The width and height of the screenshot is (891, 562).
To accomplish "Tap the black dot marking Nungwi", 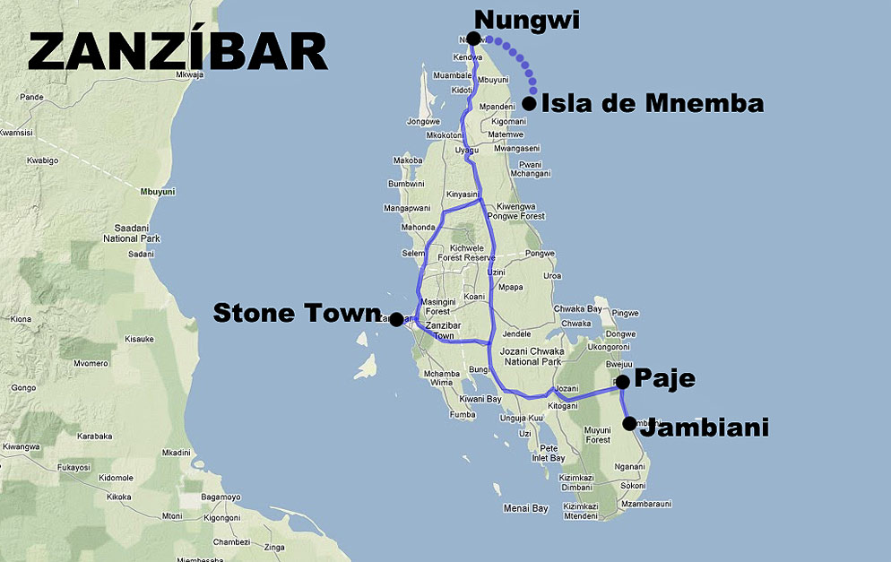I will pos(473,39).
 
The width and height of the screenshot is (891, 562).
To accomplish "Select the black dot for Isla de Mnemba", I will pos(529,103).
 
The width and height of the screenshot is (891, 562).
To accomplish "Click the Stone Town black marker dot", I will pos(396,319).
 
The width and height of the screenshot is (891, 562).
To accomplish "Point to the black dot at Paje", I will pos(623,383).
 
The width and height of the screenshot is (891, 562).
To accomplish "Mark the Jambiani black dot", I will pos(630,424).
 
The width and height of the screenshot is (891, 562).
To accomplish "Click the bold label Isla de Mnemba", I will pos(653,103).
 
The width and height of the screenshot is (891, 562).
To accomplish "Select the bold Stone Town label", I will pos(297,313).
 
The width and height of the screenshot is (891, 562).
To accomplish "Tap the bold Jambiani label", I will pos(707,428).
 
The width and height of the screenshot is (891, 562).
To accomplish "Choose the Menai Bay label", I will pos(525,508).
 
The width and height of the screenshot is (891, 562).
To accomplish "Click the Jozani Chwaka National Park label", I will pos(533,357).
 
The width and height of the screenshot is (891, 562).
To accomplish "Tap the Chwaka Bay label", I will pos(577,308).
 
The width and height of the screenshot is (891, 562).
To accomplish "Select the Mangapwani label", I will pos(407,208).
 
